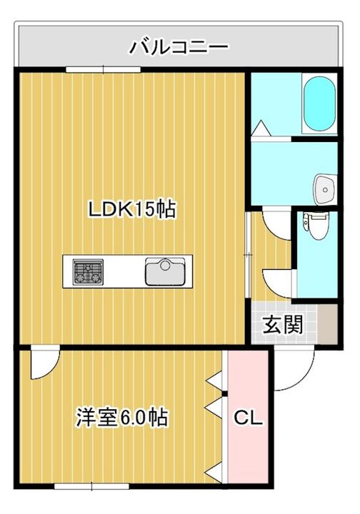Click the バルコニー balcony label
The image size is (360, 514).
pyautogui.click(x=179, y=47)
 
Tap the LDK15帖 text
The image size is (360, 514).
pyautogui.click(x=132, y=209)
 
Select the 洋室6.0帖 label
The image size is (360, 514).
pyautogui.click(x=122, y=418)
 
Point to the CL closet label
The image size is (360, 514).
pyautogui.click(x=248, y=418)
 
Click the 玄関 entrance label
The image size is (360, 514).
pyautogui.click(x=283, y=325)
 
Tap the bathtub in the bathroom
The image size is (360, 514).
pyautogui.click(x=319, y=104)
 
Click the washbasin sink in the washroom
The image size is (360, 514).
pyautogui.click(x=325, y=189)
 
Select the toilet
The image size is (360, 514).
pyautogui.click(x=316, y=226)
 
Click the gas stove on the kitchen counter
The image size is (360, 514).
pyautogui.click(x=88, y=271)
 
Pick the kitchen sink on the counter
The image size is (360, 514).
pyautogui.click(x=165, y=271)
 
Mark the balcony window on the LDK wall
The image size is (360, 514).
pyautogui.click(x=103, y=69)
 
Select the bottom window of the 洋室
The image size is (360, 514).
pyautogui.click(x=91, y=486)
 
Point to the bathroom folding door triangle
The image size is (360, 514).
pyautogui.click(x=261, y=128)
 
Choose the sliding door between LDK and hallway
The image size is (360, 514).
pyautogui.click(x=248, y=255)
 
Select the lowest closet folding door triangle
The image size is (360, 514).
pyautogui.click(x=214, y=473)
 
